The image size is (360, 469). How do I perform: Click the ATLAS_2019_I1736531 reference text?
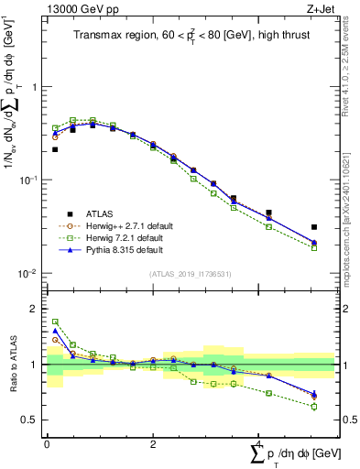(x=190, y=274)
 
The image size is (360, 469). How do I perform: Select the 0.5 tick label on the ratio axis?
(x=29, y=420)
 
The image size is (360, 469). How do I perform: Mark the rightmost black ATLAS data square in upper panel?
(x=313, y=227)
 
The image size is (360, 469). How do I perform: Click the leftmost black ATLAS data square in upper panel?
(x=55, y=149)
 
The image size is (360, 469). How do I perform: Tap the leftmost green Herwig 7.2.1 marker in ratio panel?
(x=55, y=322)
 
